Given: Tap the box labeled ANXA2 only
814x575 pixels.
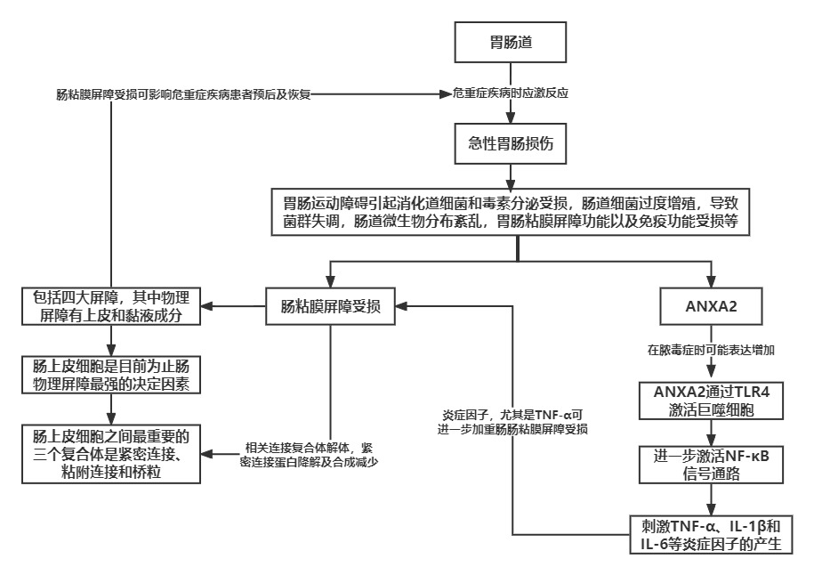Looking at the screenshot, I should click(710, 308).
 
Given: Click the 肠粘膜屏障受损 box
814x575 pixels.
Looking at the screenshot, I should click(331, 308).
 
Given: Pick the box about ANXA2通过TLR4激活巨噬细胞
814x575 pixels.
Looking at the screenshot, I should click(710, 401).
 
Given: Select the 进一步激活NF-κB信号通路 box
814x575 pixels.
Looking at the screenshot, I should click(710, 463).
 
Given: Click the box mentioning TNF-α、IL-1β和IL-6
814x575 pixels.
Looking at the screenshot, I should click(710, 534).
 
